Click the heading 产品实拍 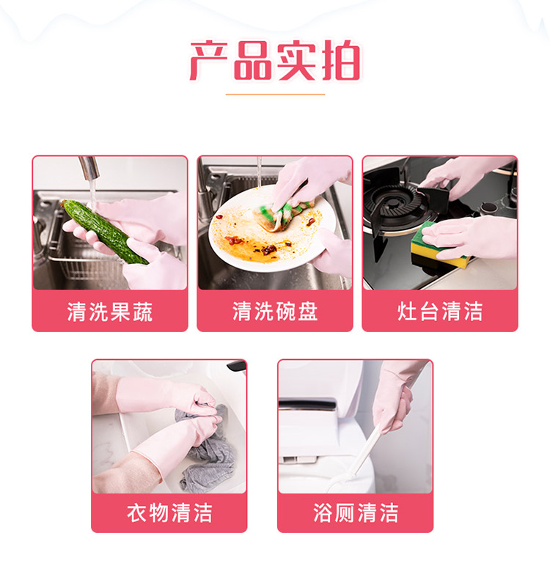[x=275, y=61]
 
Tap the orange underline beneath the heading [x=275, y=95]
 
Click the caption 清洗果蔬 [x=110, y=311]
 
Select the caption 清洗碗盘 [x=275, y=311]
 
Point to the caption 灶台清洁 [x=440, y=311]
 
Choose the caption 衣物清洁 [x=169, y=512]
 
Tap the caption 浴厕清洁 [x=356, y=512]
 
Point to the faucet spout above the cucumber [x=89, y=167]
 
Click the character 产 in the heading [x=209, y=61]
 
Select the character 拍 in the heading [x=341, y=61]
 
